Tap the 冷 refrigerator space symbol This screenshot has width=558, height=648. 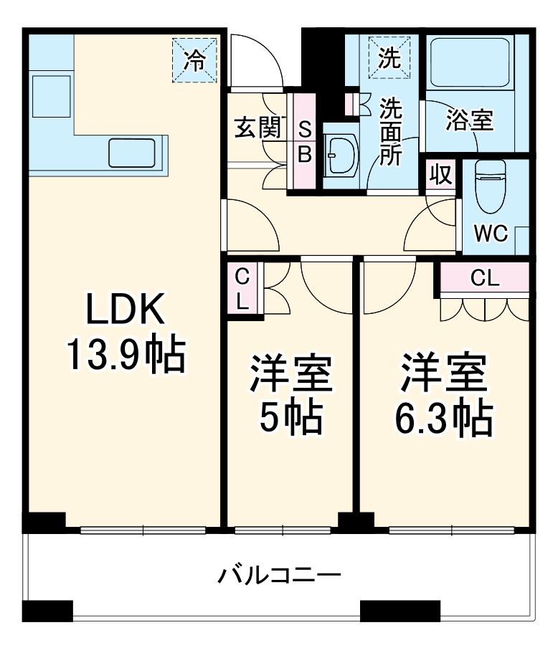[x=194, y=59]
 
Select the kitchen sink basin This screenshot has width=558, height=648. [x=133, y=152]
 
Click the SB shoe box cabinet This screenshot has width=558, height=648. [x=304, y=142]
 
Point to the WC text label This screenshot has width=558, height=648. [x=492, y=233]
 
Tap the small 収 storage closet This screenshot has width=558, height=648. [x=441, y=175]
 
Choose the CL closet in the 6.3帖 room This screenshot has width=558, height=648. [x=485, y=280]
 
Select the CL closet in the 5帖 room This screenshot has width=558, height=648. [x=242, y=288]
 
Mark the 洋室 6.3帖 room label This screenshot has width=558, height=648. [x=445, y=394]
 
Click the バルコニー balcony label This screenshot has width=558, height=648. [x=279, y=575]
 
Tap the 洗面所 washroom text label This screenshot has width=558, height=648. [x=391, y=132]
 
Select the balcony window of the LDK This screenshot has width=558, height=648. [x=143, y=530]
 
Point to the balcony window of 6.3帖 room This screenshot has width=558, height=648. [x=452, y=530]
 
